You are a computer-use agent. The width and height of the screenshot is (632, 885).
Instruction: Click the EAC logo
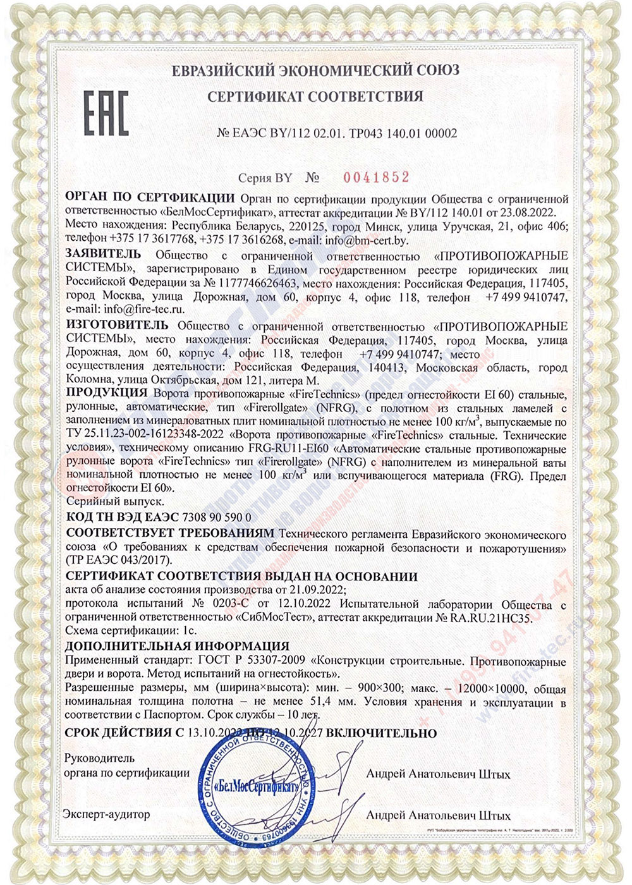click(106, 114)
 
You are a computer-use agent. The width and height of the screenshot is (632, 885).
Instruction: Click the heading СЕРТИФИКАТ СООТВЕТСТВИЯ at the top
click(315, 97)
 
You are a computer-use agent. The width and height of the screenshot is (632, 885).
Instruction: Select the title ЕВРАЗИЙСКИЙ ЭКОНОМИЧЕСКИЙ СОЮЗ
click(315, 70)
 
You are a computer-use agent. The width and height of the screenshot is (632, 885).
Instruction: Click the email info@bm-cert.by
click(367, 240)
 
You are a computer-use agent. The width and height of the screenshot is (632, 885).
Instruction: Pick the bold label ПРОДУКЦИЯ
click(106, 394)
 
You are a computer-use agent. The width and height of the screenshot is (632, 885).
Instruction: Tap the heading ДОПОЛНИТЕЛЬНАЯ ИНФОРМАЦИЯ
click(178, 646)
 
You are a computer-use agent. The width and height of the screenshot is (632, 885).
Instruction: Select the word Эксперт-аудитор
click(106, 814)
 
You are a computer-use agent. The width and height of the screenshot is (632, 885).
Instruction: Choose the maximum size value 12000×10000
click(480, 689)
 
